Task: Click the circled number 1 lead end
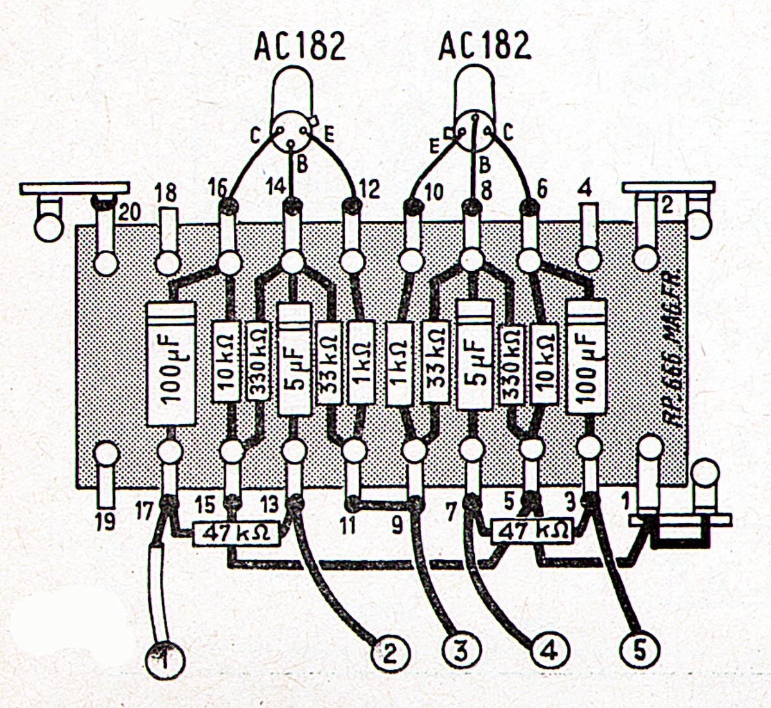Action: (164, 659)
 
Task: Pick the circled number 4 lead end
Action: (549, 652)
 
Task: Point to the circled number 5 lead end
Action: (639, 651)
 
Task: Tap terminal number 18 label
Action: (165, 193)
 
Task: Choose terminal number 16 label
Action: (218, 188)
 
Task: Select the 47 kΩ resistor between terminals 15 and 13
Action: (237, 533)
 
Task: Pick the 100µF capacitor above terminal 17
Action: (171, 364)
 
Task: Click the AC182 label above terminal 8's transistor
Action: (485, 46)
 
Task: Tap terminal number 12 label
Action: (370, 190)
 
